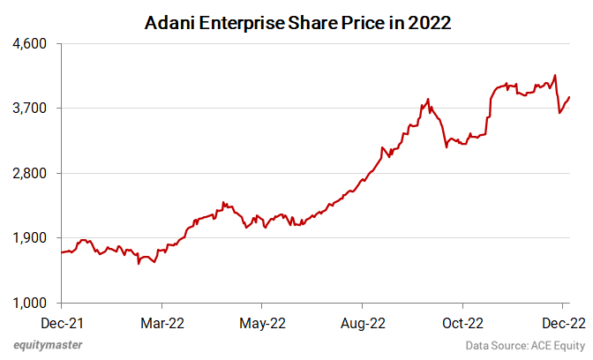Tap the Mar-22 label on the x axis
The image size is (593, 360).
click(163, 322)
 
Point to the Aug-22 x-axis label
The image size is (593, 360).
click(364, 322)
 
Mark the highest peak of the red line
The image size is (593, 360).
click(554, 75)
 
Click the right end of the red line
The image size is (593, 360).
click(569, 97)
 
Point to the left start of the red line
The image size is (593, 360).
click(61, 253)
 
